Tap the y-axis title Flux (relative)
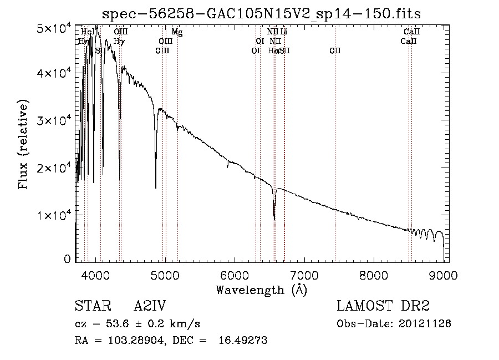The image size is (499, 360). (x=23, y=145)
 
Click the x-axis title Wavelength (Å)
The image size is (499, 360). (x=261, y=290)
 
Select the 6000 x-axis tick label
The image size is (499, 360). (x=235, y=276)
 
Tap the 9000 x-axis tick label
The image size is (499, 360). (x=444, y=276)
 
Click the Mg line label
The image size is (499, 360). (x=177, y=32)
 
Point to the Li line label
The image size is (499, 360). (x=284, y=32)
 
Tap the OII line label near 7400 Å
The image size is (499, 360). (x=335, y=50)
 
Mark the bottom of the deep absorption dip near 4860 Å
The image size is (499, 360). (x=156, y=188)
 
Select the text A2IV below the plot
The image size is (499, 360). (x=150, y=307)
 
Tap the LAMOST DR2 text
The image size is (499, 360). (x=383, y=307)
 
